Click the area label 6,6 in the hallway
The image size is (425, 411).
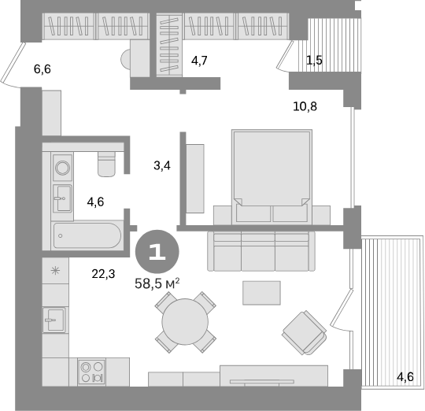click(x=42, y=70)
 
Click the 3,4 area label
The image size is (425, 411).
click(x=161, y=165)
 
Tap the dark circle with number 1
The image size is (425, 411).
click(x=157, y=252)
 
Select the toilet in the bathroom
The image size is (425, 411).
click(x=107, y=164)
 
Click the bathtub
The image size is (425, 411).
click(x=86, y=235)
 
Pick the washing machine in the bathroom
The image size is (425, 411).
click(x=62, y=166)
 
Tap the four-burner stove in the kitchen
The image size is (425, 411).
click(x=92, y=371)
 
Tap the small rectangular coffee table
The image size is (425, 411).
click(x=260, y=292)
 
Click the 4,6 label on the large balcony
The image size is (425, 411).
click(x=405, y=377)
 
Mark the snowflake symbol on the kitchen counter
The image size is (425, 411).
click(x=54, y=272)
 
